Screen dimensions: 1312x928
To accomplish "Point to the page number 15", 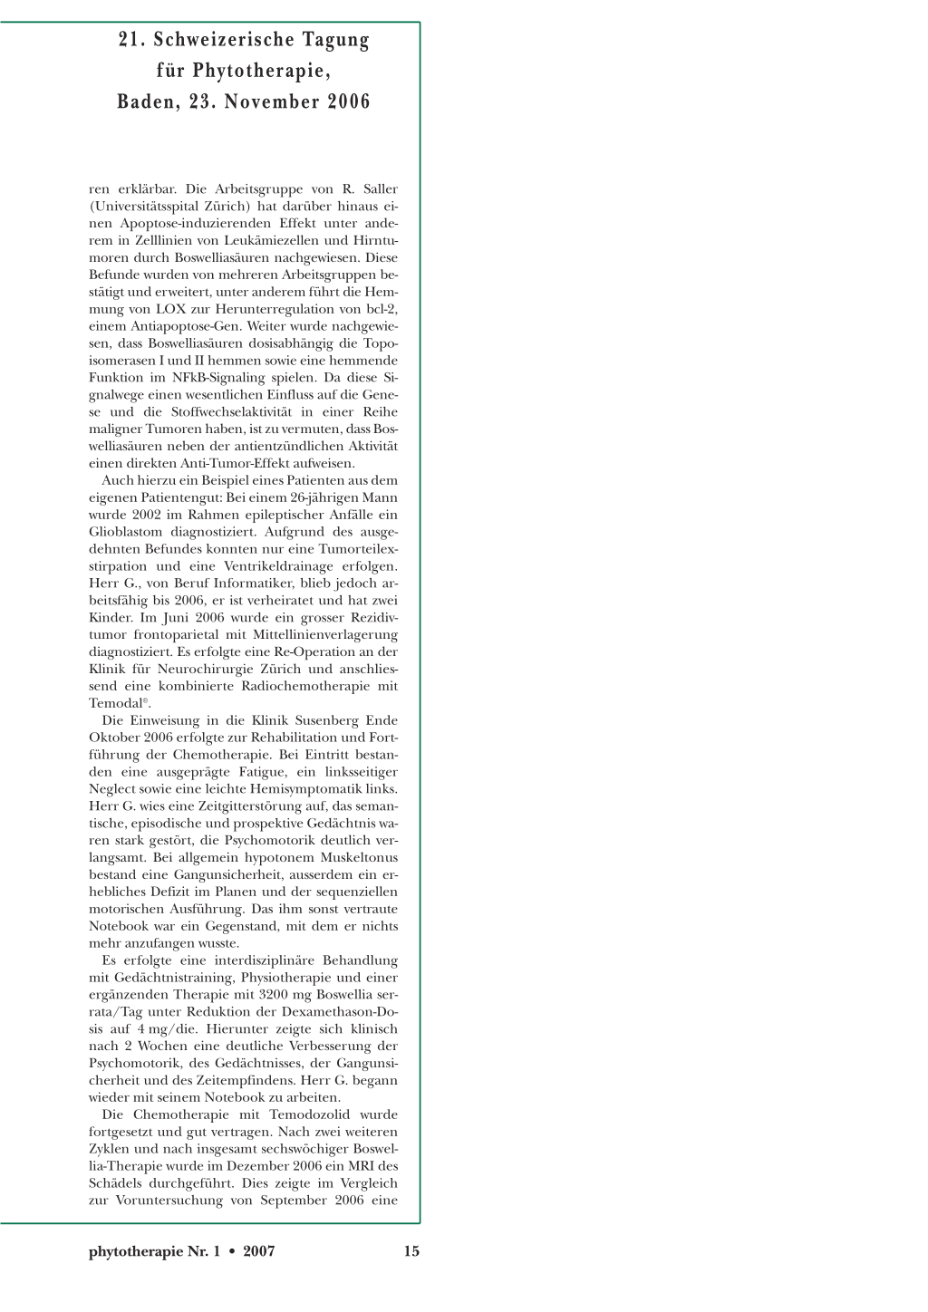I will click(411, 1251).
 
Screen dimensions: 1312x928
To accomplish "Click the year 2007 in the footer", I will click(259, 1251).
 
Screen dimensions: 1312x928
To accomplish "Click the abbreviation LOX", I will click(170, 309).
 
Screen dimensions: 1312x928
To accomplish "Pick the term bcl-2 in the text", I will click(382, 309).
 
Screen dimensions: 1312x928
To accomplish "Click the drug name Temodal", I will click(116, 704).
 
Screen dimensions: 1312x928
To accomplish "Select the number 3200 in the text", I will click(274, 995).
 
